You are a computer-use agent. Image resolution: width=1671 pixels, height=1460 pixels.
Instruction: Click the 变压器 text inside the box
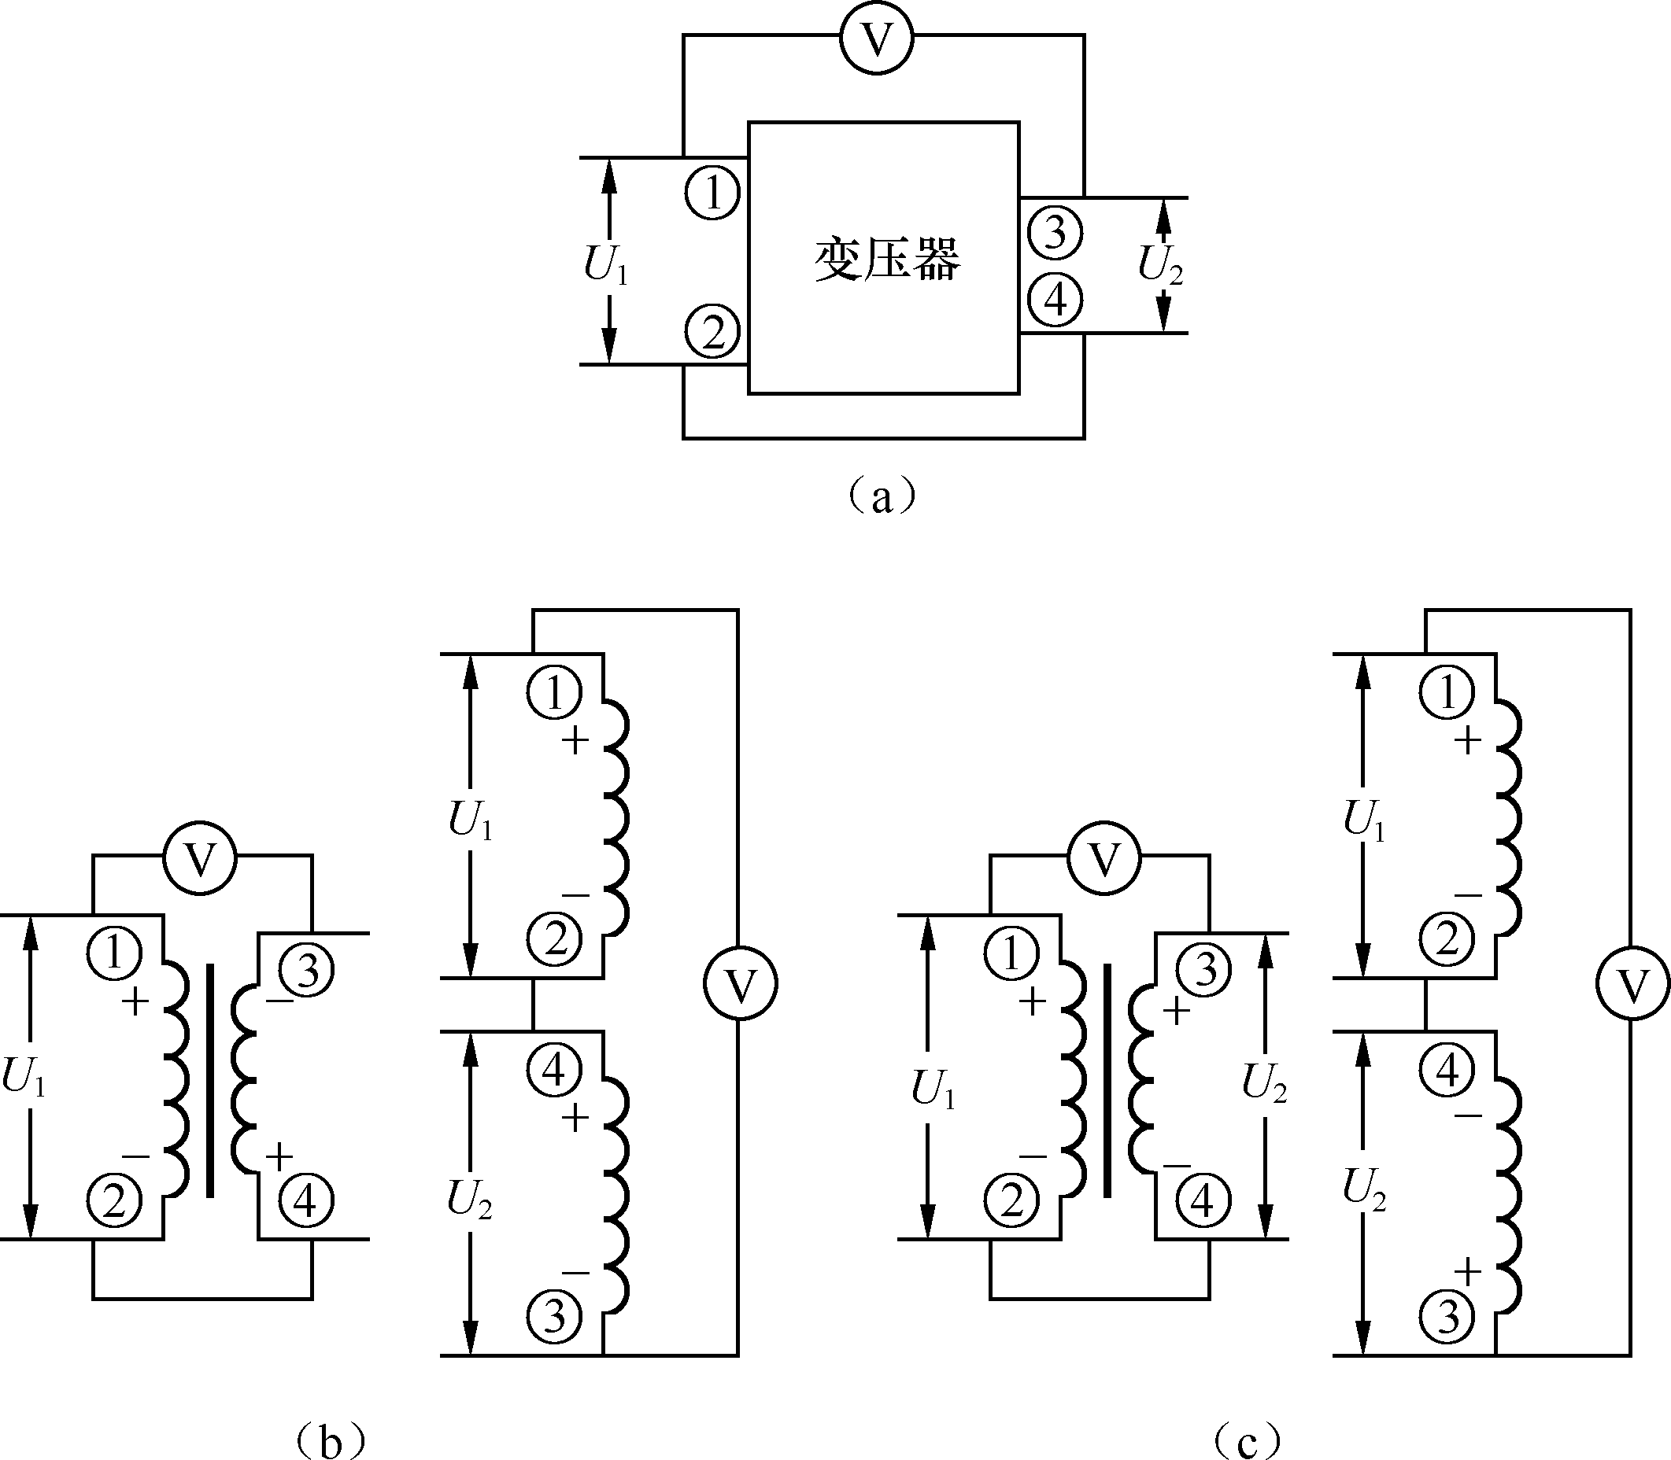(888, 260)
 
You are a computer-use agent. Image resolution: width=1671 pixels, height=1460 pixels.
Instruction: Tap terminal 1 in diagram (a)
(713, 194)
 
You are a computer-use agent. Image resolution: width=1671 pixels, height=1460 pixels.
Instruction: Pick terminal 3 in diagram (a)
(1055, 233)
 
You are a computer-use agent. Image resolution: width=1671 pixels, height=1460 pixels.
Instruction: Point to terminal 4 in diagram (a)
(1055, 300)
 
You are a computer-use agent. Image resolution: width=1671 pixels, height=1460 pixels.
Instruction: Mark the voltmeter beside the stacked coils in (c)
(1631, 984)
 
